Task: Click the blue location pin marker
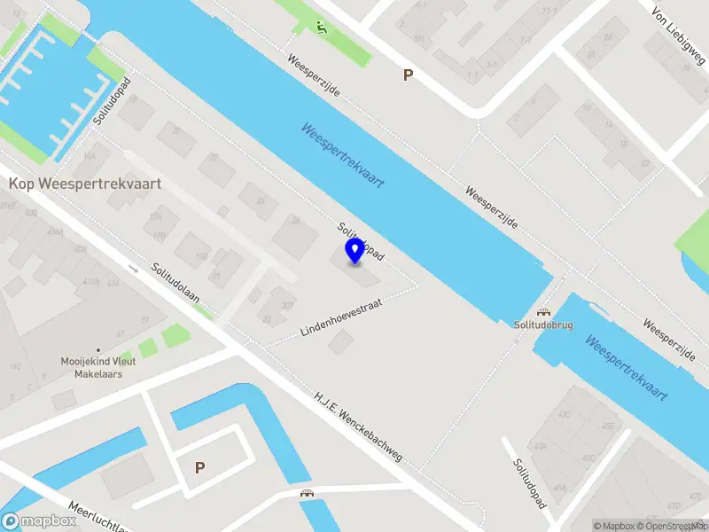[x=355, y=250]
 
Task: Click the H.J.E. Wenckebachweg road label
[x=358, y=426]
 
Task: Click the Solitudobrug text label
[x=543, y=325]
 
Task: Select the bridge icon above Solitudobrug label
[x=543, y=312]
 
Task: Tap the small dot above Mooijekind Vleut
[x=98, y=350]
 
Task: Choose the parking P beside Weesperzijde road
[x=408, y=75]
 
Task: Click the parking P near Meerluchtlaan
[x=200, y=467]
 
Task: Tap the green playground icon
[x=320, y=27]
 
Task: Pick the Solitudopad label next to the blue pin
[x=359, y=240]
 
